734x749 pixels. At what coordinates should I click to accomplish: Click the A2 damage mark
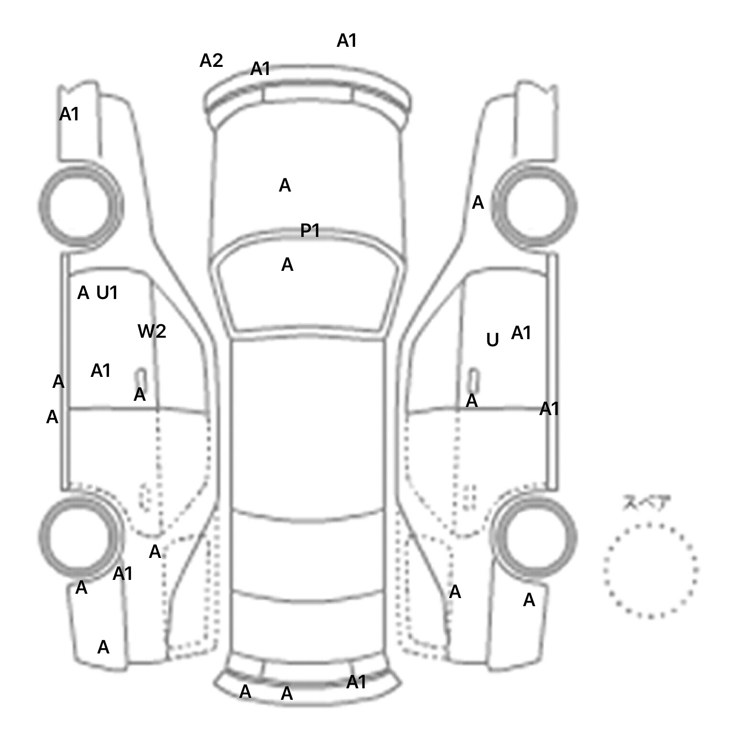pos(211,61)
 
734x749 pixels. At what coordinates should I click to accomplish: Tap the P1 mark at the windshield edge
pos(310,231)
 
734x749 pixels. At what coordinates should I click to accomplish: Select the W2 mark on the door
pos(152,331)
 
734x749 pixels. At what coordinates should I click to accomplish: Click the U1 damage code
pos(107,292)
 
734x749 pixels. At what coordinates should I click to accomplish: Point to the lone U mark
pos(492,340)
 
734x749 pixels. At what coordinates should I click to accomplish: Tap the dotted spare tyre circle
pos(650,570)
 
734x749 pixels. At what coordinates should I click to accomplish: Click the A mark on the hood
pos(285,185)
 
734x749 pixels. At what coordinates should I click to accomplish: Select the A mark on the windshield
pos(287,265)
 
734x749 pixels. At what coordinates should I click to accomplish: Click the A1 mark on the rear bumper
pos(356,682)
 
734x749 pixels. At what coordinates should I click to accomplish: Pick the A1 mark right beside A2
pos(260,69)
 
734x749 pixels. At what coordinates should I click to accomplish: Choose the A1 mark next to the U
pos(521,333)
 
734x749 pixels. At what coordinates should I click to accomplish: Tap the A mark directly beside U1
pos(83,292)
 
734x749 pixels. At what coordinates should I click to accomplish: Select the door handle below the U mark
pos(474,379)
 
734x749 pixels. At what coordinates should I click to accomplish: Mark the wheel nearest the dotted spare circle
pos(536,536)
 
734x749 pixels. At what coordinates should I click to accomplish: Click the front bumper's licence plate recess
pos(307,94)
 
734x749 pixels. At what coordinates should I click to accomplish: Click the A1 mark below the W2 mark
pos(101,370)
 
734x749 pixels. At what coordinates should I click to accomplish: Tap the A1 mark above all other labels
pos(347,41)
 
